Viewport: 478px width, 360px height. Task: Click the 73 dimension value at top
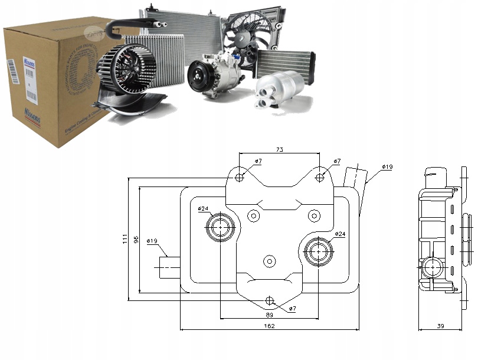click(x=280, y=150)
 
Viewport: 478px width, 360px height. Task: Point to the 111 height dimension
click(x=125, y=238)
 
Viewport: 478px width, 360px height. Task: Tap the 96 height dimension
click(x=135, y=238)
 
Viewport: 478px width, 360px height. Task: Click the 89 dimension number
click(x=270, y=315)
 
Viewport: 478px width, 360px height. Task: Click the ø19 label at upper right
click(x=387, y=167)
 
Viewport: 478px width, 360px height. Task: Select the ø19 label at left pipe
click(x=151, y=241)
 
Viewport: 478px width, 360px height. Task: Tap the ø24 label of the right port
click(x=340, y=234)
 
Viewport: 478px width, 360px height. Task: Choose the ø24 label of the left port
click(x=203, y=208)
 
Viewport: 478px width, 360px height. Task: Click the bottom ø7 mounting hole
click(x=270, y=300)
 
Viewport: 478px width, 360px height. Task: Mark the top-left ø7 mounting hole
click(x=240, y=177)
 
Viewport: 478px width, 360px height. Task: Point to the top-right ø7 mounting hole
click(x=320, y=177)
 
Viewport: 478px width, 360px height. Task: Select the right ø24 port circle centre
click(x=319, y=251)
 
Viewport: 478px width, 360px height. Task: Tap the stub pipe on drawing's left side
click(x=169, y=267)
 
